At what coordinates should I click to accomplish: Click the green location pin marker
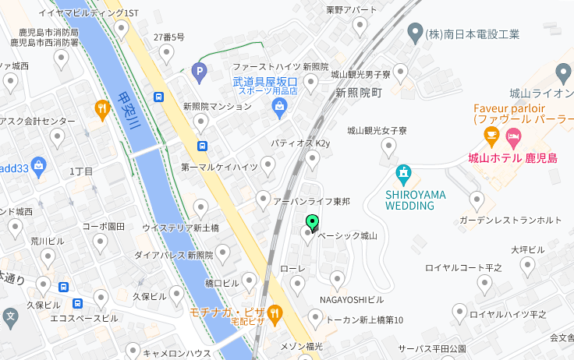coord(312,223)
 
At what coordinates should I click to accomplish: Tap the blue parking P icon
coord(200,72)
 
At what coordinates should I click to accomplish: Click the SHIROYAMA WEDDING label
coord(409,200)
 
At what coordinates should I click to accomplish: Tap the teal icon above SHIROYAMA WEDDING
coord(403,173)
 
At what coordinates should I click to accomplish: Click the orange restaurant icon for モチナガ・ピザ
coord(275,314)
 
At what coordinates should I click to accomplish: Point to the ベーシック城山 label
coord(347,235)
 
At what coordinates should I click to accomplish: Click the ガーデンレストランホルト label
coord(510,220)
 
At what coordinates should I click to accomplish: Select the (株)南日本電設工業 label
coord(472,34)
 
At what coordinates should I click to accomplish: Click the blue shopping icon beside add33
coord(39,165)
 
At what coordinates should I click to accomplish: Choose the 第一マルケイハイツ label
coord(219,167)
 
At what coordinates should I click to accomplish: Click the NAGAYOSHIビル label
coord(352,299)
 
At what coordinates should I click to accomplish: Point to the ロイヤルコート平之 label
coord(463,268)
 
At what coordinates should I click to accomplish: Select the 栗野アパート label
coord(351,9)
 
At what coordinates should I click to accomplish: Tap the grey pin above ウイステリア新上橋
coord(201,208)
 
